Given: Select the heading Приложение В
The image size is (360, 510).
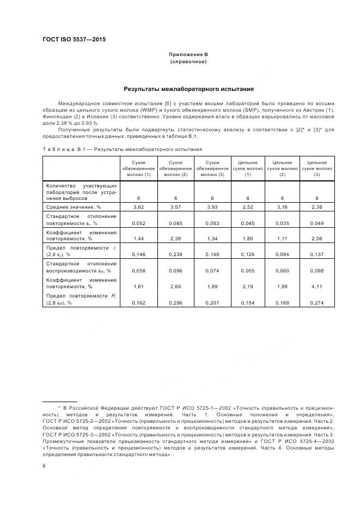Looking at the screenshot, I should click(x=188, y=54).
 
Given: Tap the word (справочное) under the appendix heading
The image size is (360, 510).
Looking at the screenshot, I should click(x=188, y=62).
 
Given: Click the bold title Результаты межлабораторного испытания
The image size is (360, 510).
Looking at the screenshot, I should click(x=188, y=88).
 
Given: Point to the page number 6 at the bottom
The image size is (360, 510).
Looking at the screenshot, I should click(x=44, y=465).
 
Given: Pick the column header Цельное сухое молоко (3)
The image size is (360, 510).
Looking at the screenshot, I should click(x=317, y=168).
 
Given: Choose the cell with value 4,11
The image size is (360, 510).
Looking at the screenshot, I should click(x=317, y=286).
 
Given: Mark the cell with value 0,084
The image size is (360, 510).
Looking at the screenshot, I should click(x=282, y=254).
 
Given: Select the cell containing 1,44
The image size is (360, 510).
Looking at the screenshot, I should click(x=138, y=239).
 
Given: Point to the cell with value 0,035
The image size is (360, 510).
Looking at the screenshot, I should click(x=282, y=223).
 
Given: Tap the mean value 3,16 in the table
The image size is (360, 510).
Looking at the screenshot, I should click(x=282, y=207).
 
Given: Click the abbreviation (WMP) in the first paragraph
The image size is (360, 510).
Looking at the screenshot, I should click(x=148, y=110).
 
